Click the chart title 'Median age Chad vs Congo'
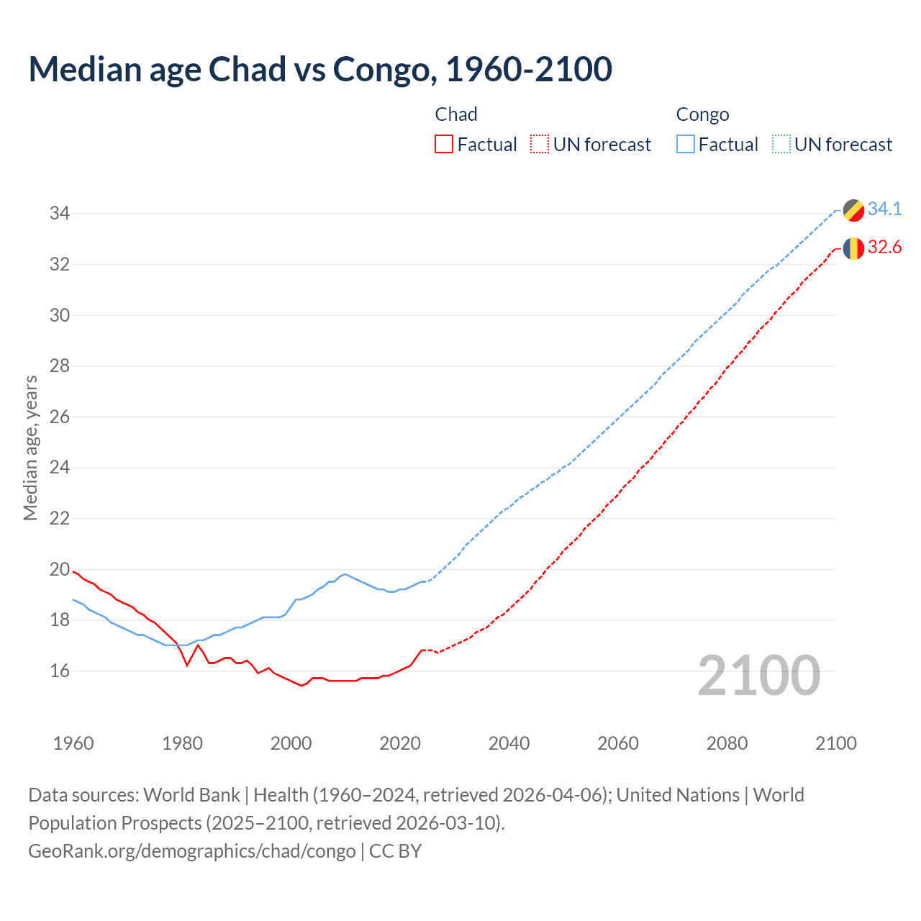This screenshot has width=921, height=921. (320, 70)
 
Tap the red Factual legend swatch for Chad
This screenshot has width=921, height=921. (444, 145)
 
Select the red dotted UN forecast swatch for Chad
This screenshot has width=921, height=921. (540, 145)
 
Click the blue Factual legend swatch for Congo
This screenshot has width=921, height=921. (686, 145)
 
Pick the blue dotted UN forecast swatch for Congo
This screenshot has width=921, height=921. (781, 145)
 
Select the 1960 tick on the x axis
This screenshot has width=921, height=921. (73, 743)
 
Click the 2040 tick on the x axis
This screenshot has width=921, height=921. (509, 743)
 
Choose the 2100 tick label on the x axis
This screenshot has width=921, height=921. (835, 743)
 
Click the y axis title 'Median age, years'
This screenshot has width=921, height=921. (30, 448)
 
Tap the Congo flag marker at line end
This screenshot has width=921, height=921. (853, 210)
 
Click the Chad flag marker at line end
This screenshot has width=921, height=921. (853, 248)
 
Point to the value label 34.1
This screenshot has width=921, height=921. (884, 209)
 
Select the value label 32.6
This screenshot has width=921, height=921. (884, 248)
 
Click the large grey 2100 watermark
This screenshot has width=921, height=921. (758, 676)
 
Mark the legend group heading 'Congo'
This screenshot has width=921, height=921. (702, 114)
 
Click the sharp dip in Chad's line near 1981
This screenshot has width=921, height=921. (187, 665)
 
